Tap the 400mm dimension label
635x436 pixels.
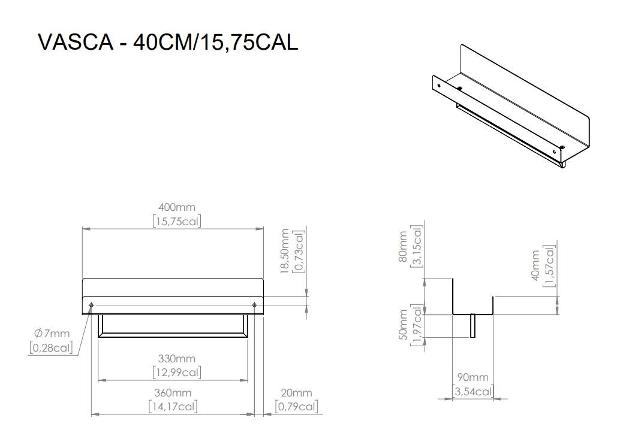[x=176, y=207]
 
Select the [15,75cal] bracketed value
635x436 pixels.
[x=176, y=221]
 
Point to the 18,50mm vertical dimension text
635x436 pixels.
[x=285, y=251]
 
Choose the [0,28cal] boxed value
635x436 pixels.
[x=50, y=348]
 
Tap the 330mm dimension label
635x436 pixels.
[x=176, y=359]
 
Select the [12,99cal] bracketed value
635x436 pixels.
[x=176, y=373]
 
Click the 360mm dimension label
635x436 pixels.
[x=173, y=393]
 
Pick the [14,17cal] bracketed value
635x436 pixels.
[x=173, y=407]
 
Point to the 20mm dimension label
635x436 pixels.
[x=297, y=393]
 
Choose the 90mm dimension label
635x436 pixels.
[x=473, y=377]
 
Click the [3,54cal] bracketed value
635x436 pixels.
[x=473, y=392]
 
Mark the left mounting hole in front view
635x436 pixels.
[x=91, y=305]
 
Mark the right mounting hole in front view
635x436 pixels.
[x=255, y=305]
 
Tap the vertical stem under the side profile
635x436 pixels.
[x=473, y=326]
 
